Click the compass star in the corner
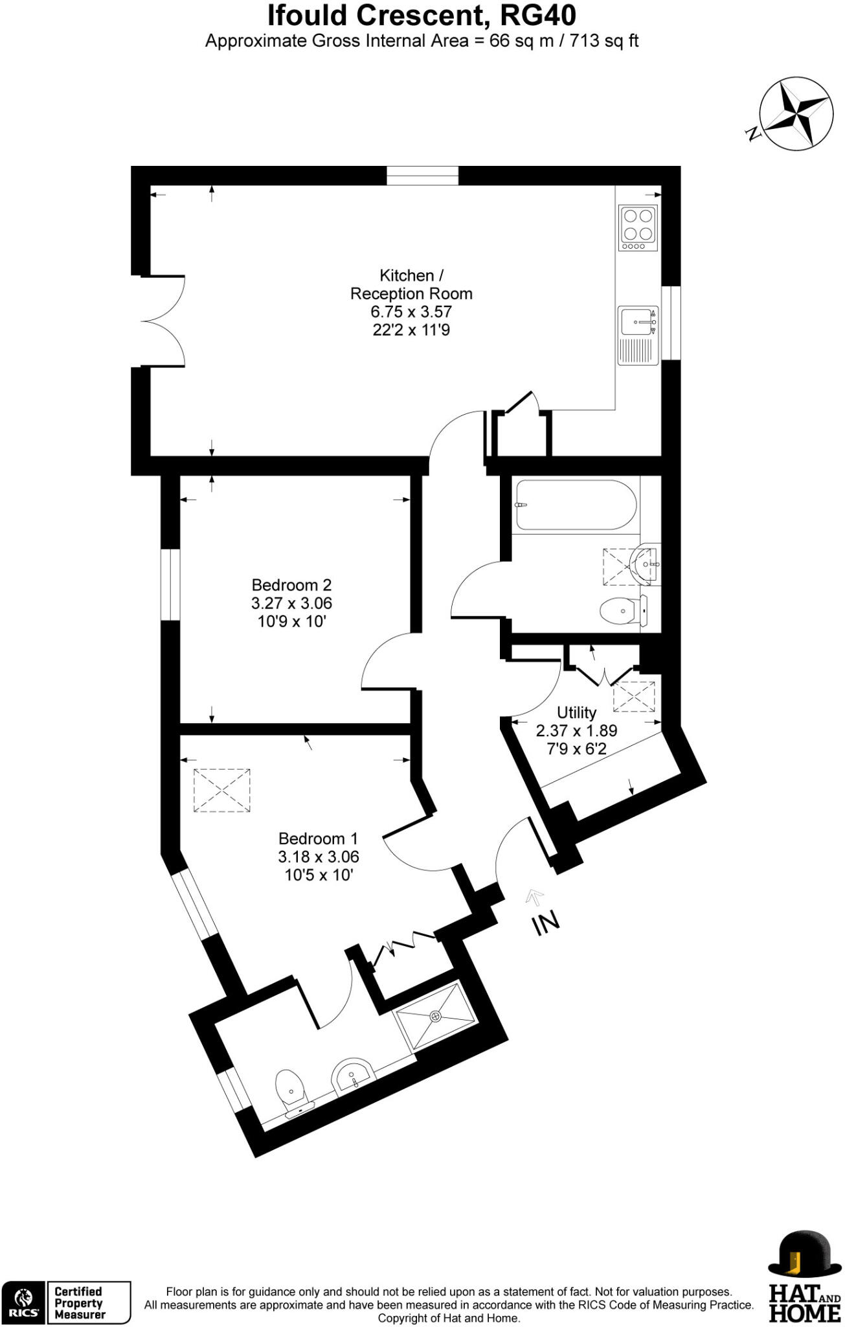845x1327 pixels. coord(795,114)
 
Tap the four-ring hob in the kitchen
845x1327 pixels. coord(638,227)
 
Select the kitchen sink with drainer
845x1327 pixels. coord(638,334)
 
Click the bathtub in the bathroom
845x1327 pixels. coord(576,505)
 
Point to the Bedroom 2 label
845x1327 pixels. coord(291,585)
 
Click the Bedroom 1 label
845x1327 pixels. coord(318,838)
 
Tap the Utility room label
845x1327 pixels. coord(576,713)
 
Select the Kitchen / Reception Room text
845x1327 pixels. coord(411,284)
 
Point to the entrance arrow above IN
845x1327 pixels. coord(535,897)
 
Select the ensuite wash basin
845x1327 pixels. coord(352,1076)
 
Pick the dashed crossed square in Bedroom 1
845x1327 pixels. coord(222,790)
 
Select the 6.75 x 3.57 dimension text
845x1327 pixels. coord(411,312)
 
